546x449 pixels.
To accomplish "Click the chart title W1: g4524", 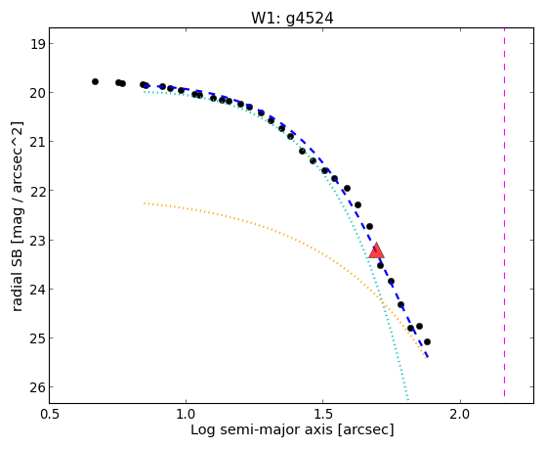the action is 292,18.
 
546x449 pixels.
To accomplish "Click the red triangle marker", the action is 376,250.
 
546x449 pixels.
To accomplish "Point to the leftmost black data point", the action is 95,81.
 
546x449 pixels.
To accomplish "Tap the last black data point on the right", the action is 427,342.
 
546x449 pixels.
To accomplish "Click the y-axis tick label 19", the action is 37,44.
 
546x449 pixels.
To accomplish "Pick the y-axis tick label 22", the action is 37,191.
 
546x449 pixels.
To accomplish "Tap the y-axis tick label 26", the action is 37,387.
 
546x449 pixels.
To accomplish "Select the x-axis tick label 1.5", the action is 323,414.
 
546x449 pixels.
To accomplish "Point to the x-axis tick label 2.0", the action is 460,414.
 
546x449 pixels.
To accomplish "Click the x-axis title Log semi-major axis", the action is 262,429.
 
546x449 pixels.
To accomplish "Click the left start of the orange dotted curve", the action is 145,203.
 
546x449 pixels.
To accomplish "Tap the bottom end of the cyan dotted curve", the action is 407,399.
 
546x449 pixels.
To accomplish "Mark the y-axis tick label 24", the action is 37,290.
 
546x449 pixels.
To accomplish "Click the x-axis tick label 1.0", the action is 186,414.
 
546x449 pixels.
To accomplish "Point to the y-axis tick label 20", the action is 37,93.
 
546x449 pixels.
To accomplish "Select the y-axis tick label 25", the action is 37,338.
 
